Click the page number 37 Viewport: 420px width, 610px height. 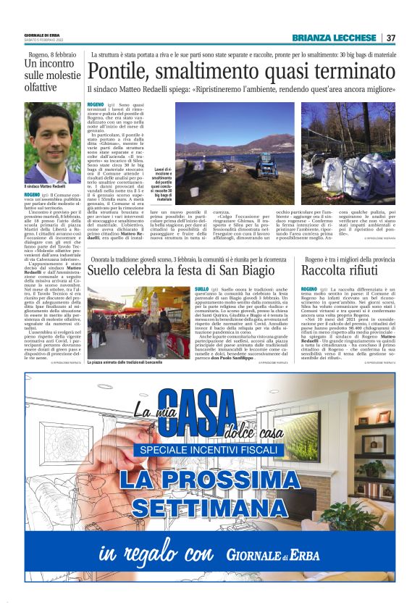pos(390,38)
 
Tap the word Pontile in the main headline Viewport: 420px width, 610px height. pos(117,70)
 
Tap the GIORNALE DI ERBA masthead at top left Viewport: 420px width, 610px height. pos(42,35)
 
